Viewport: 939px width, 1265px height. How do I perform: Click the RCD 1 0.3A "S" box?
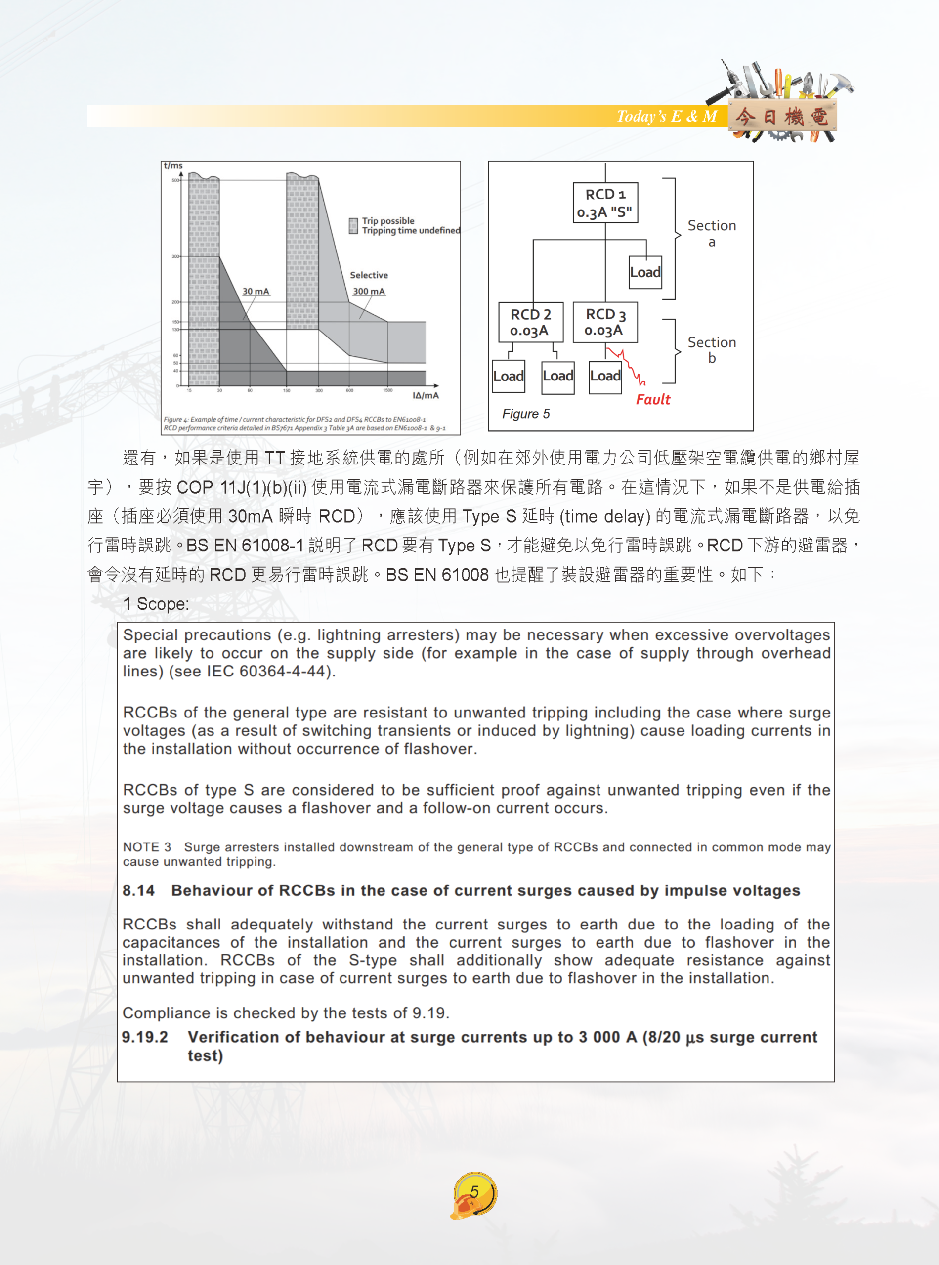(605, 203)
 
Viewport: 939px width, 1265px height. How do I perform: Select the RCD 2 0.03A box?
(530, 322)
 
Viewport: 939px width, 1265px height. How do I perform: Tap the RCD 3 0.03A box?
(605, 322)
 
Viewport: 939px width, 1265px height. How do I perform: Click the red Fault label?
(652, 399)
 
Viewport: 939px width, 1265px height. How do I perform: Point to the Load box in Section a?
(645, 272)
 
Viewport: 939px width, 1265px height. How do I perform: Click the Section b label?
(712, 349)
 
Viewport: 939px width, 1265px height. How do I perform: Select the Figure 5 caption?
(526, 414)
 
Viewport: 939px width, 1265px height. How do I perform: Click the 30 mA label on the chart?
(256, 292)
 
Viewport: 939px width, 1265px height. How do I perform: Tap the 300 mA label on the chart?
(368, 292)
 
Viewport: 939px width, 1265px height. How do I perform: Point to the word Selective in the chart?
(369, 275)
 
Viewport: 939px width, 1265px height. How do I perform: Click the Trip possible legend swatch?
(353, 226)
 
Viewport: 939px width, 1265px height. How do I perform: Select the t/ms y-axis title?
(173, 166)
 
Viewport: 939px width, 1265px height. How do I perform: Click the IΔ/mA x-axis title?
(425, 395)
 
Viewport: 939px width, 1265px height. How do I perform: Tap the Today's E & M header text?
(667, 117)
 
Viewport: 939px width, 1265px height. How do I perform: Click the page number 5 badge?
(474, 1192)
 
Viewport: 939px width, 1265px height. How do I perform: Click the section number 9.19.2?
(145, 1037)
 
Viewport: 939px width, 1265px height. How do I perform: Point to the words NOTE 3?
(147, 847)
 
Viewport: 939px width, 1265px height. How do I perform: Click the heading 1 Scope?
(156, 603)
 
